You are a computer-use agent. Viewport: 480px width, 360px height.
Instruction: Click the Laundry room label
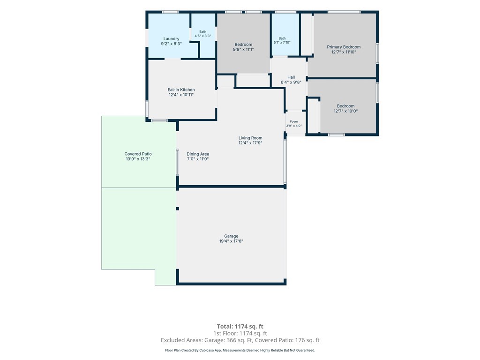click(171, 39)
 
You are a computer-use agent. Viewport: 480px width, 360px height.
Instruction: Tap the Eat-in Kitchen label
click(181, 90)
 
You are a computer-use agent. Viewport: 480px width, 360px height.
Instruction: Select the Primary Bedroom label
click(344, 47)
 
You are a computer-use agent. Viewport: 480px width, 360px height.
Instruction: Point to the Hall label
click(291, 77)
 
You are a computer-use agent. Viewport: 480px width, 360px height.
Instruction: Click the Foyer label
click(294, 121)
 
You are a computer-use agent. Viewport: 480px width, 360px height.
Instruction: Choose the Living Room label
click(250, 138)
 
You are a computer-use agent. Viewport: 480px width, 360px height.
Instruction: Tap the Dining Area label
click(198, 154)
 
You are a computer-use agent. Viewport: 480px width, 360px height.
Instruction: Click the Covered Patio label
click(138, 154)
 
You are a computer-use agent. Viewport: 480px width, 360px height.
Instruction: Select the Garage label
click(231, 236)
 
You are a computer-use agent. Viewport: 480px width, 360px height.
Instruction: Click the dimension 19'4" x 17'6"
click(231, 241)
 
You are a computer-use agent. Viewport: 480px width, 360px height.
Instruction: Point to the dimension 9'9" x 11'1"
click(243, 49)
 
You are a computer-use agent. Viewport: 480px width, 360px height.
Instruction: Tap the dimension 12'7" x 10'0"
click(345, 111)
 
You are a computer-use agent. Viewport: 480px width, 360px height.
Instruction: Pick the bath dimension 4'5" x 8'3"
click(202, 36)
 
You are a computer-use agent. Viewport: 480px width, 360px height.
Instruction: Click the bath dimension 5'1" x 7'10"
click(282, 43)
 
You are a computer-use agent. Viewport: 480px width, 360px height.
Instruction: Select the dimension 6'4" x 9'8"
click(291, 82)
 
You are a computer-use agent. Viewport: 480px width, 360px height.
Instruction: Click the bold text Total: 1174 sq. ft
click(240, 326)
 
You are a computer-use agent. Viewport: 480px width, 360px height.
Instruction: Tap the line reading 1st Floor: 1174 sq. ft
click(240, 333)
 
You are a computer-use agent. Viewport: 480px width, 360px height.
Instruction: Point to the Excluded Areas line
click(240, 340)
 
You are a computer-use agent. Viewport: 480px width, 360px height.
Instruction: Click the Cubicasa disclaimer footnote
click(240, 350)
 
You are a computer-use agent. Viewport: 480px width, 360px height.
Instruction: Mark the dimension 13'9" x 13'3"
click(138, 159)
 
